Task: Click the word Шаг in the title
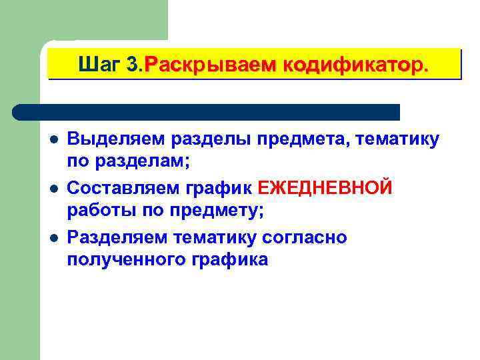click(x=99, y=65)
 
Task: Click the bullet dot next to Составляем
click(x=54, y=190)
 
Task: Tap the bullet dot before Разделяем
click(x=54, y=239)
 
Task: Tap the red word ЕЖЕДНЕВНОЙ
click(x=325, y=189)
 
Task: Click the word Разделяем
click(x=119, y=238)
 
